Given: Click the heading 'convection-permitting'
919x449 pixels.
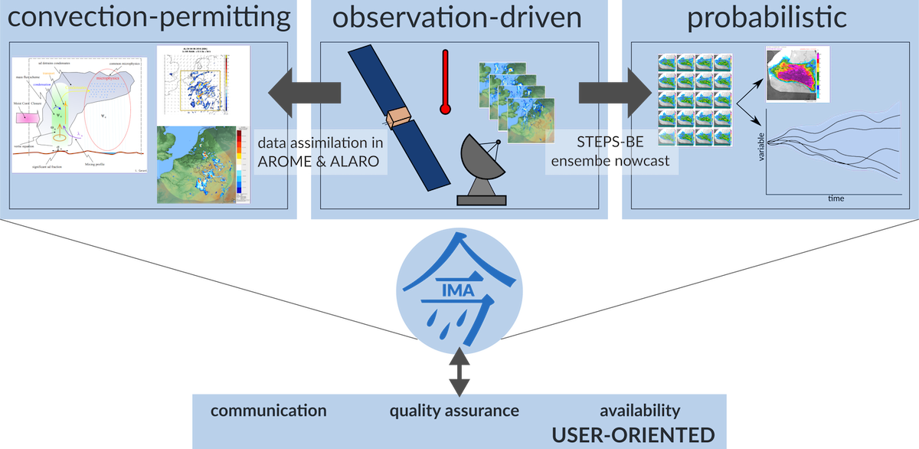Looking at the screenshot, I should point(146,17).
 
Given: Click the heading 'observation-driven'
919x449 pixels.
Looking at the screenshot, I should point(458,17).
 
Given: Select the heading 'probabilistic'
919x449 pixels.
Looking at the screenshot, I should point(767,17).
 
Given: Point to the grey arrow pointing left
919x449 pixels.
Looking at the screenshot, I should point(303,93).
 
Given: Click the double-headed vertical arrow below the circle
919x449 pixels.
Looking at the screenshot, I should point(459,370).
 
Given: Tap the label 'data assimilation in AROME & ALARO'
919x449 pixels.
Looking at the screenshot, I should point(320,152).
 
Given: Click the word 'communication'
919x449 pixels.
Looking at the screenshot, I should point(268,411).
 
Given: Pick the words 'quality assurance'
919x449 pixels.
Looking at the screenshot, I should point(454,411).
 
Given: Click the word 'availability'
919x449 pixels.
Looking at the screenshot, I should point(639,411).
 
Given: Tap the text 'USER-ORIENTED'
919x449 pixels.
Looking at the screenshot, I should point(633,435).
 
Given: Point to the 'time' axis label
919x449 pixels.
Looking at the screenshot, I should point(836,198).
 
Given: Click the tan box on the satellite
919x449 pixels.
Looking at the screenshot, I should point(399,116).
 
